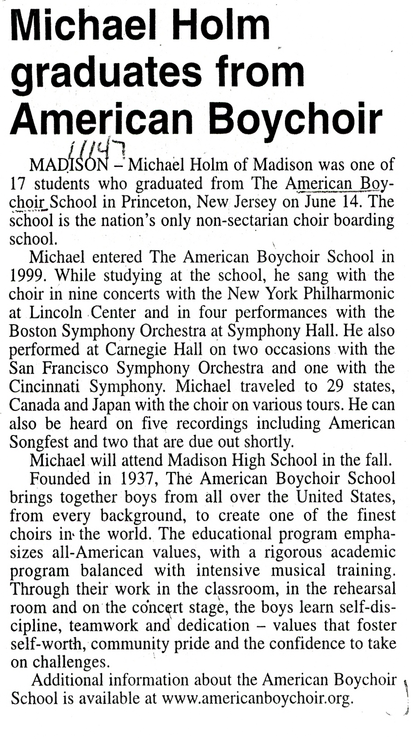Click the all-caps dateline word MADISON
click(x=68, y=165)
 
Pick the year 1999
click(x=27, y=276)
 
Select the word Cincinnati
click(x=44, y=387)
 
